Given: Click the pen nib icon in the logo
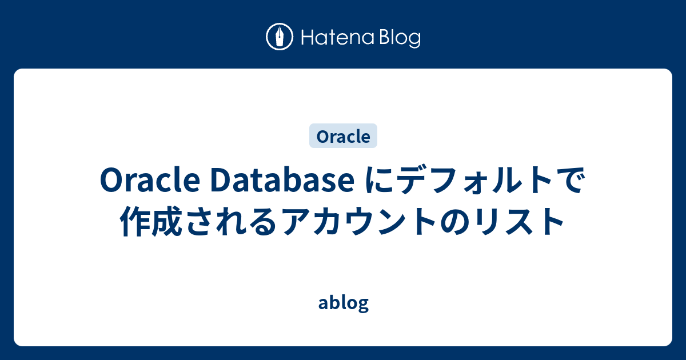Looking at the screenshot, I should tap(280, 38).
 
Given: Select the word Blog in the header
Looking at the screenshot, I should tap(398, 39).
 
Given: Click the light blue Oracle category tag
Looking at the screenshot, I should tap(343, 137).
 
